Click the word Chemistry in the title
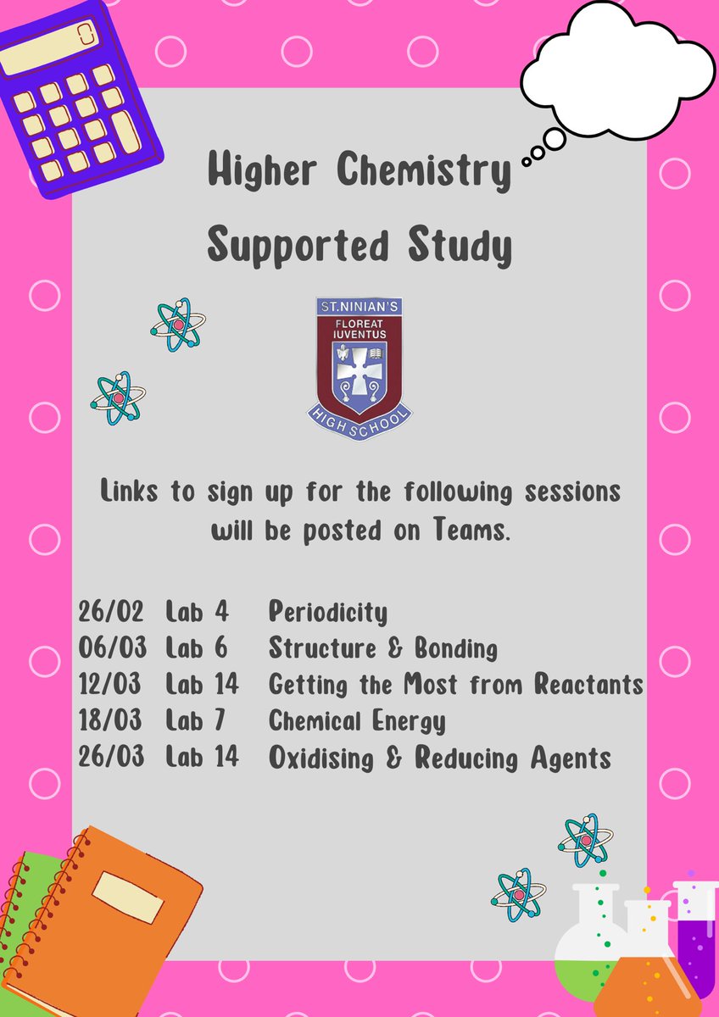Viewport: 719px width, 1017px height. [423, 172]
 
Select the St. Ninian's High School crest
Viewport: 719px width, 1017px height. [359, 368]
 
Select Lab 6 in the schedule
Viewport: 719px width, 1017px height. [197, 648]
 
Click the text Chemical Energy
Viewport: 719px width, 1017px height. [356, 721]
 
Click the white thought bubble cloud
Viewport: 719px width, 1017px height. [616, 68]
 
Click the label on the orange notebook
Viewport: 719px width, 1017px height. [127, 897]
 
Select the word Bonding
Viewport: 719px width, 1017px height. [455, 648]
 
